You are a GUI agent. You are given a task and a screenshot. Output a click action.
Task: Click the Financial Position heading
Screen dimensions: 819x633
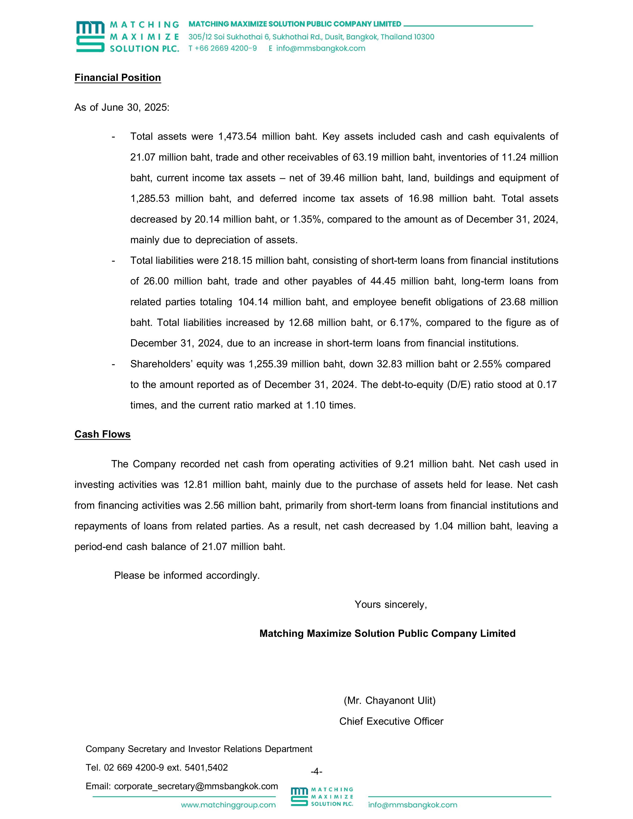[x=117, y=78]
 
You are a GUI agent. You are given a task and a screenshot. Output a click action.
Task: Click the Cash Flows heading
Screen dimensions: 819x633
[x=102, y=434]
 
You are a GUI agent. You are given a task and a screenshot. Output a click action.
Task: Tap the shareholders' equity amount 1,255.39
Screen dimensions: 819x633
[x=268, y=364]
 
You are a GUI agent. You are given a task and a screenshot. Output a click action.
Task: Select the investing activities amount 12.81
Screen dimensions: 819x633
[x=195, y=485]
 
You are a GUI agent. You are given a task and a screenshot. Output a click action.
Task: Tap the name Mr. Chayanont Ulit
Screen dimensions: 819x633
[x=390, y=701]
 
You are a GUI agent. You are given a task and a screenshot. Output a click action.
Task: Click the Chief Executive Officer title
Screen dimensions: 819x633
[x=391, y=721]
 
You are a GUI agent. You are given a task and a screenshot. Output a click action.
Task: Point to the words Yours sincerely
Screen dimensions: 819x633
[x=391, y=605]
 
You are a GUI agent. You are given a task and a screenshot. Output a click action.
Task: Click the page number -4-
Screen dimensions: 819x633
[x=316, y=771]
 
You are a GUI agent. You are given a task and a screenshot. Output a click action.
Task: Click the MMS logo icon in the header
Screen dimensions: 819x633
[x=90, y=36]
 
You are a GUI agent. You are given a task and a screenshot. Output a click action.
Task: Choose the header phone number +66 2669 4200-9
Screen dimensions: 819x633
[x=225, y=48]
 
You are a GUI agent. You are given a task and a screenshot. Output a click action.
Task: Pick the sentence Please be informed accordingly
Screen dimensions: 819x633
[x=187, y=576]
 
